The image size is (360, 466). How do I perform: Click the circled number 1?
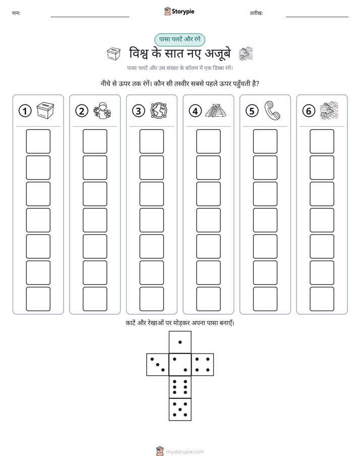25,111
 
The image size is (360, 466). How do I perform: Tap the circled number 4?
195,111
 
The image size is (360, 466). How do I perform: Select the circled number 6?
309,111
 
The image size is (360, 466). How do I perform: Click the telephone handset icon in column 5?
272,110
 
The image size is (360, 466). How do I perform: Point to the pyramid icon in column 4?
216,110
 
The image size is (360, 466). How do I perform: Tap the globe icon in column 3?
159,110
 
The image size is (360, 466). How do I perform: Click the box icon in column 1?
45,110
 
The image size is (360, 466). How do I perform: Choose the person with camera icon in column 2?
102,110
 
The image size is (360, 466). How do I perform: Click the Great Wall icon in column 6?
329,110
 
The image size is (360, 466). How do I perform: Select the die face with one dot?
180,342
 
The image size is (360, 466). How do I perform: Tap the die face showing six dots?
180,387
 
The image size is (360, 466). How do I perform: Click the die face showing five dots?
180,410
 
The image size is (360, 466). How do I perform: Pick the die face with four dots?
203,365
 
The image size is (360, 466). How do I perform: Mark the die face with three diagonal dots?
158,365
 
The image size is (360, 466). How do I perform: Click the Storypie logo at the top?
179,12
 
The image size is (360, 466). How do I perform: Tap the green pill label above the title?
179,39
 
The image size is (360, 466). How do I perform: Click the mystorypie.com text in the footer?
185,452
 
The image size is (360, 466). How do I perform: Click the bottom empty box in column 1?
38,299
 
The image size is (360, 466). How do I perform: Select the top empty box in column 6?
322,141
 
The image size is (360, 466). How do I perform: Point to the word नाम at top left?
16,13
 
